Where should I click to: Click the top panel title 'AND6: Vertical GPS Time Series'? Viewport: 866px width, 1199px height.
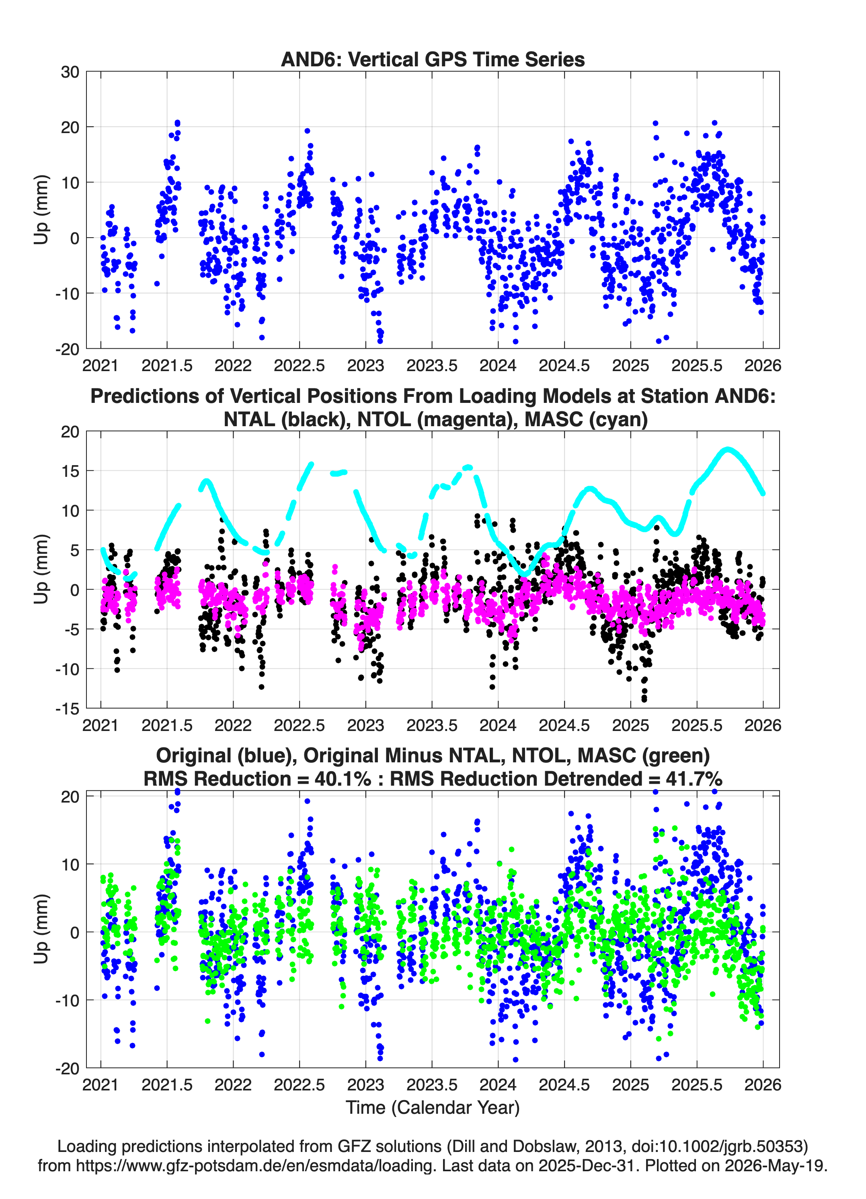[x=433, y=59]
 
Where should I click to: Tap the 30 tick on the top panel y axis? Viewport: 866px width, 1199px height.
[x=70, y=72]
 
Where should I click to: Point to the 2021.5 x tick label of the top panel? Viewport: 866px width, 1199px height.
[x=167, y=365]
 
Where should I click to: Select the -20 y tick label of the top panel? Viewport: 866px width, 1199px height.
[x=67, y=349]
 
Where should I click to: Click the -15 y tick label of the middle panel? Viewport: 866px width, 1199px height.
[x=67, y=708]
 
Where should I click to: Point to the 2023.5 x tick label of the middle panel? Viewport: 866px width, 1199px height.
[x=432, y=725]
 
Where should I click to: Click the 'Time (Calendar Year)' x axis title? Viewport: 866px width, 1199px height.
[x=433, y=1108]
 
